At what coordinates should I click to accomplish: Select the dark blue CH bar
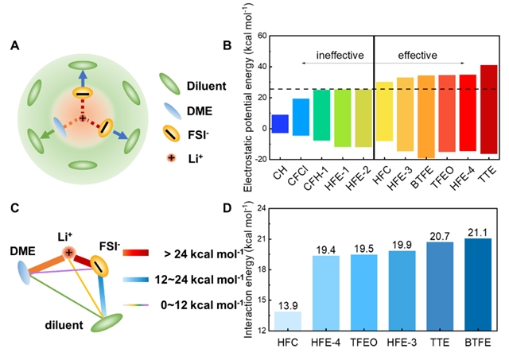click(x=280, y=123)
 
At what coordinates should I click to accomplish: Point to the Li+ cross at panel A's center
click(x=82, y=118)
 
